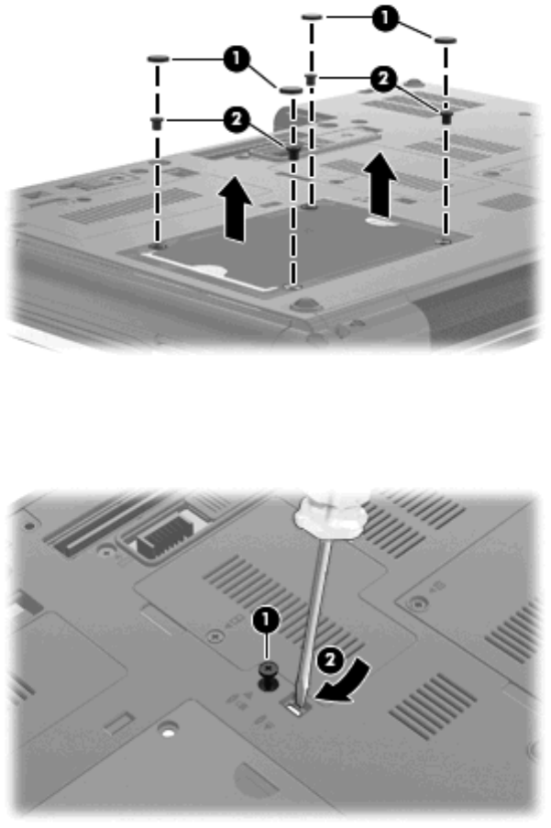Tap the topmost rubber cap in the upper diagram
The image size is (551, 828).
tap(312, 17)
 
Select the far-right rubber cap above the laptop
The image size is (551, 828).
tap(446, 39)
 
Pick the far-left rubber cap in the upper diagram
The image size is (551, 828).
tap(158, 59)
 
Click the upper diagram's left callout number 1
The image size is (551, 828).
tap(236, 58)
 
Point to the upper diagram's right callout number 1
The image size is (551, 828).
tap(385, 19)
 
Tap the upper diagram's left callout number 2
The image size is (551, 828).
tap(236, 120)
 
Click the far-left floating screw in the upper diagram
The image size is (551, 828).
tap(157, 124)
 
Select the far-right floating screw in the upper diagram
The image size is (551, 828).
tap(446, 117)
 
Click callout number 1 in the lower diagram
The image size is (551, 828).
tap(267, 620)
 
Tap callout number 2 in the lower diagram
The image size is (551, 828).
tap(330, 661)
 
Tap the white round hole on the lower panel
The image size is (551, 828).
tap(169, 733)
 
